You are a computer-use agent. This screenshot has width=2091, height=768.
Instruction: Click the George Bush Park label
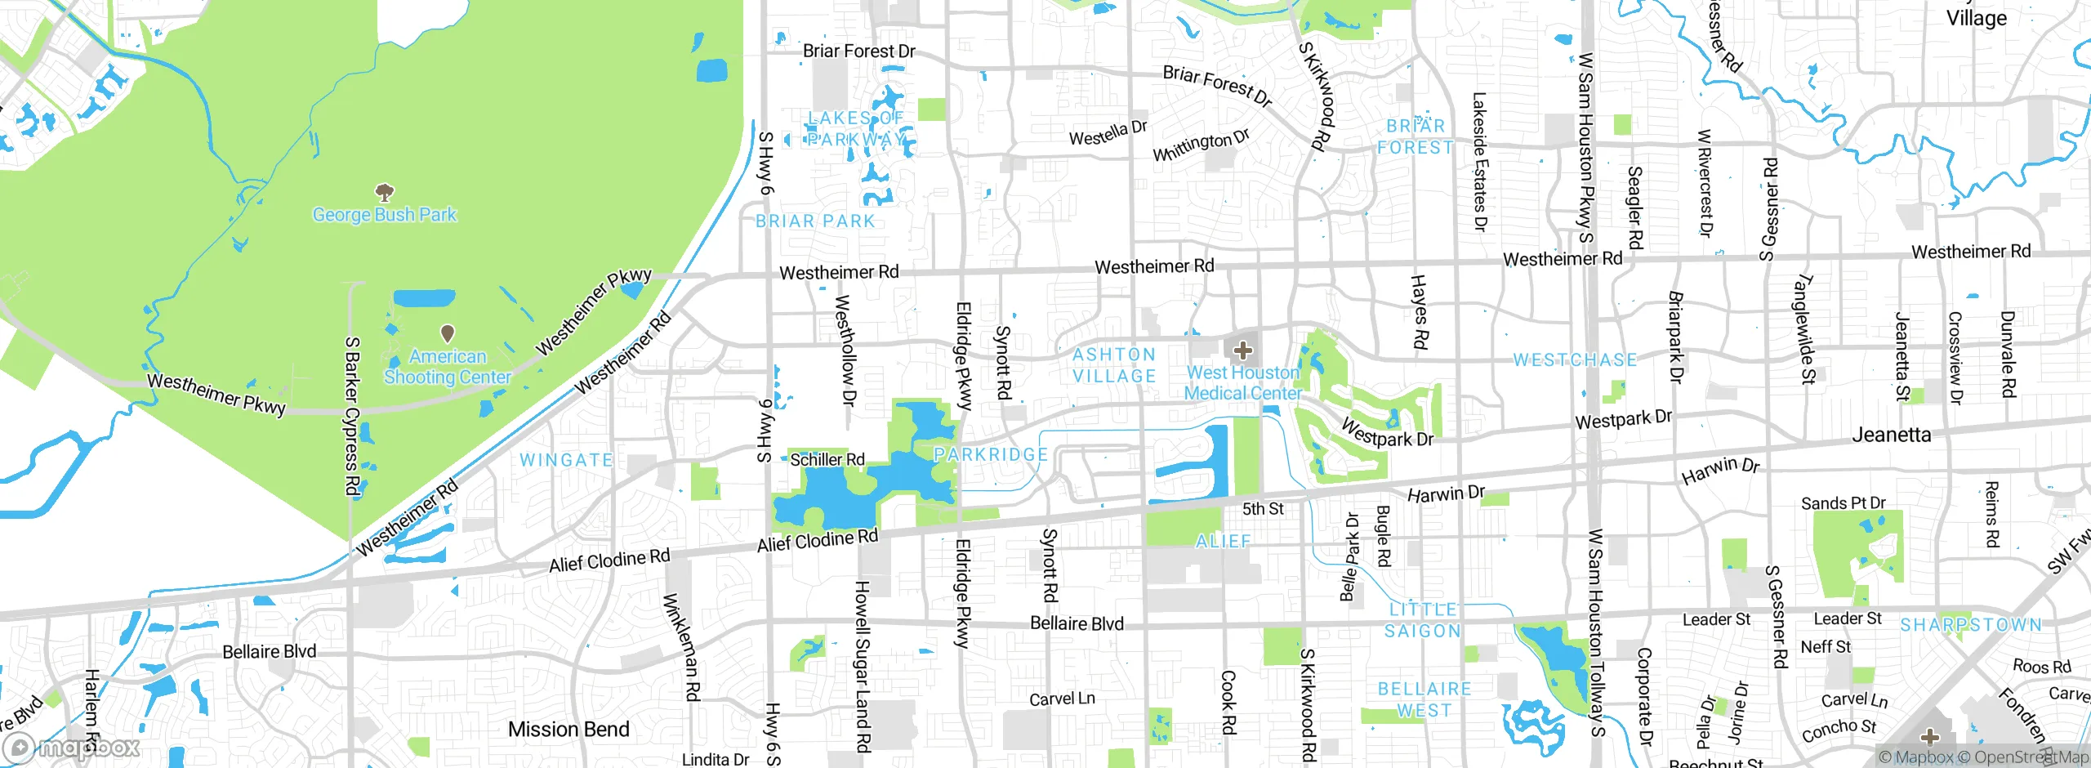(x=385, y=215)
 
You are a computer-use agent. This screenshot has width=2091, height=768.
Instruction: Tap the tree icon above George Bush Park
(x=385, y=193)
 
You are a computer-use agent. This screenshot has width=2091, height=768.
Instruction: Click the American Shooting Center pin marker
(x=448, y=333)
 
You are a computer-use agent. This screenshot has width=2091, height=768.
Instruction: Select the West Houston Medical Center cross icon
(x=1242, y=351)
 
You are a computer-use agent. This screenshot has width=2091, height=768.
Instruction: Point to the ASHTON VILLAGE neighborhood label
(x=1114, y=365)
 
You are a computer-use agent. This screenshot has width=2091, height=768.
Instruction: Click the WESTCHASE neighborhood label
(x=1575, y=360)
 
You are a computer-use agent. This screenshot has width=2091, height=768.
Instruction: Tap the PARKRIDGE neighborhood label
(x=991, y=454)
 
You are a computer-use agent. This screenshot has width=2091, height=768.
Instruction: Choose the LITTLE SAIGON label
(x=1423, y=620)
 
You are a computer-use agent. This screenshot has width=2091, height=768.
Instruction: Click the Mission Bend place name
(x=568, y=729)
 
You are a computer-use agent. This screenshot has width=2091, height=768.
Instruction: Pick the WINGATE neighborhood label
(x=566, y=460)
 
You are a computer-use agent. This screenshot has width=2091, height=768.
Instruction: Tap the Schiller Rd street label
(x=827, y=460)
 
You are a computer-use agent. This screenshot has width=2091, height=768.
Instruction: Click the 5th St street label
(x=1263, y=509)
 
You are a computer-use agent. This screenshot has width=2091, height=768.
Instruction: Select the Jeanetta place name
(x=1891, y=435)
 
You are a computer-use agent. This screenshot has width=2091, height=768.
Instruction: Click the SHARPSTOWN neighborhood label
(x=1970, y=625)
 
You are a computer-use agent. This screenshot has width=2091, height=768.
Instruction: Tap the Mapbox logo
(x=72, y=748)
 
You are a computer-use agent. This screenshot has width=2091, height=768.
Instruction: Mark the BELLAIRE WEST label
(x=1424, y=699)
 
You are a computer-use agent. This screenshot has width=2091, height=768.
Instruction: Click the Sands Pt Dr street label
(x=1843, y=503)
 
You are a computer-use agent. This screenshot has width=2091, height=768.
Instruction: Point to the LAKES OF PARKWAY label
(x=856, y=129)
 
